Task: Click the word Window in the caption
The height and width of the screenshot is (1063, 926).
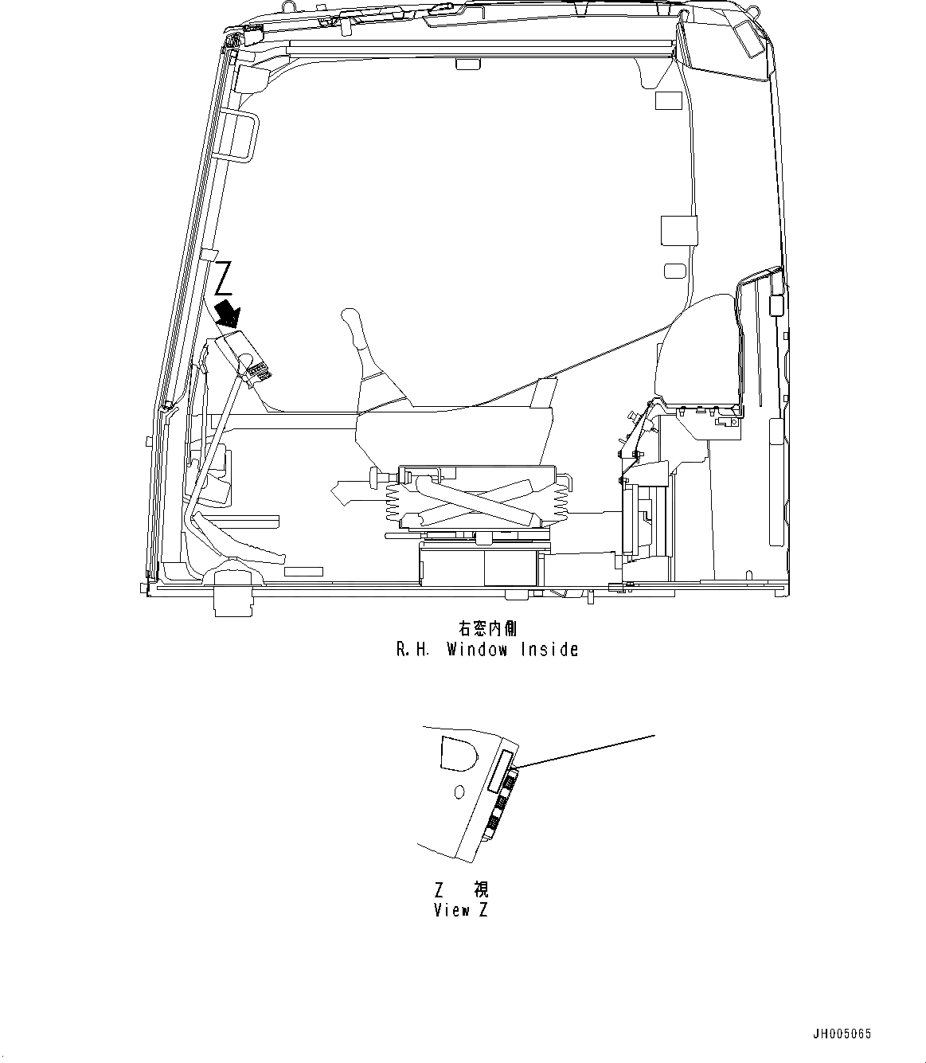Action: tap(477, 650)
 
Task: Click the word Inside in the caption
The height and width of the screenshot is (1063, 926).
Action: tap(549, 650)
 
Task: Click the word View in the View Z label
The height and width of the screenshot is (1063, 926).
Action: tap(451, 910)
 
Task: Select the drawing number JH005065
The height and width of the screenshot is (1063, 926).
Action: tap(842, 1034)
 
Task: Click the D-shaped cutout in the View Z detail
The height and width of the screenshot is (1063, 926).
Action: tap(459, 752)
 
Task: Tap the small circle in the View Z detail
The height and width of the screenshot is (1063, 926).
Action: tap(458, 792)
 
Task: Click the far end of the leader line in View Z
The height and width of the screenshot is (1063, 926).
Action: tap(654, 736)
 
